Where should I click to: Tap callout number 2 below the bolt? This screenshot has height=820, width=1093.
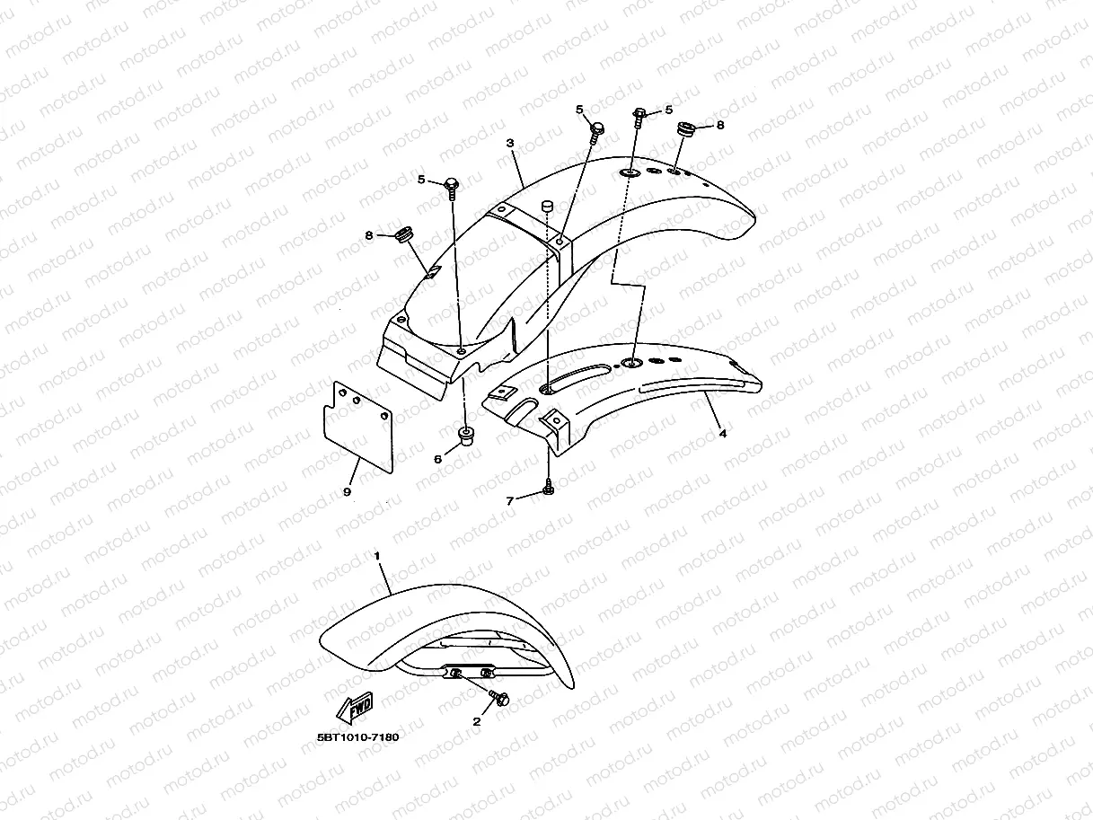(x=477, y=721)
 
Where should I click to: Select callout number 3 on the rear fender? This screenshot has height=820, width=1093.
(x=509, y=144)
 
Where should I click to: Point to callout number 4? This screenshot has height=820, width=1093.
(x=723, y=433)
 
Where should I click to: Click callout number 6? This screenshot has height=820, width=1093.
(x=438, y=459)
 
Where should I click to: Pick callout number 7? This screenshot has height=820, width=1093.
(x=510, y=501)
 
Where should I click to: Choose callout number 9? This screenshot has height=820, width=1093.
(x=347, y=491)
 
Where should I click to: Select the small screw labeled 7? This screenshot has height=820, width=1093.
(x=547, y=489)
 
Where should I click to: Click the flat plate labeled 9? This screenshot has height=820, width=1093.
(x=357, y=426)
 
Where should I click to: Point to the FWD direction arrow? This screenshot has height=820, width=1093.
(x=355, y=708)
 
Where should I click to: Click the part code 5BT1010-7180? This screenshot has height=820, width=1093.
(x=357, y=737)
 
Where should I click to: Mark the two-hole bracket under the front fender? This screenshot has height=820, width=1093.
(x=470, y=673)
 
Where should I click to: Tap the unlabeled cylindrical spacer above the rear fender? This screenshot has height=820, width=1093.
(x=544, y=208)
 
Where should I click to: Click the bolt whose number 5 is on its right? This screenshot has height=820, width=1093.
(x=639, y=115)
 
